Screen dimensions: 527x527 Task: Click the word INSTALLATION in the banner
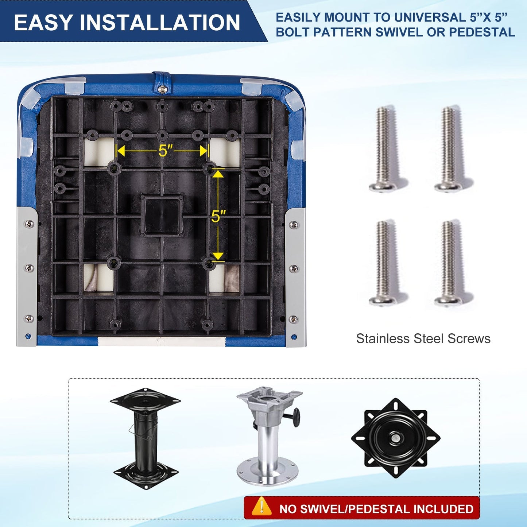pyautogui.click(x=160, y=22)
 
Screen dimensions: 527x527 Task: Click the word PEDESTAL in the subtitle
pyautogui.click(x=482, y=32)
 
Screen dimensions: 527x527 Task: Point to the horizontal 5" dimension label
pyautogui.click(x=166, y=150)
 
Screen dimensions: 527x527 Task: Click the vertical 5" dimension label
pyautogui.click(x=218, y=217)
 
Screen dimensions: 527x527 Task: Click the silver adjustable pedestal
pyautogui.click(x=269, y=435)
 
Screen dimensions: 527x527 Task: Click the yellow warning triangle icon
pyautogui.click(x=262, y=506)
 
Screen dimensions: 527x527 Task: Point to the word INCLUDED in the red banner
pyautogui.click(x=443, y=509)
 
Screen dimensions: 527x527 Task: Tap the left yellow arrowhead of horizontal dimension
pyautogui.click(x=121, y=150)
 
